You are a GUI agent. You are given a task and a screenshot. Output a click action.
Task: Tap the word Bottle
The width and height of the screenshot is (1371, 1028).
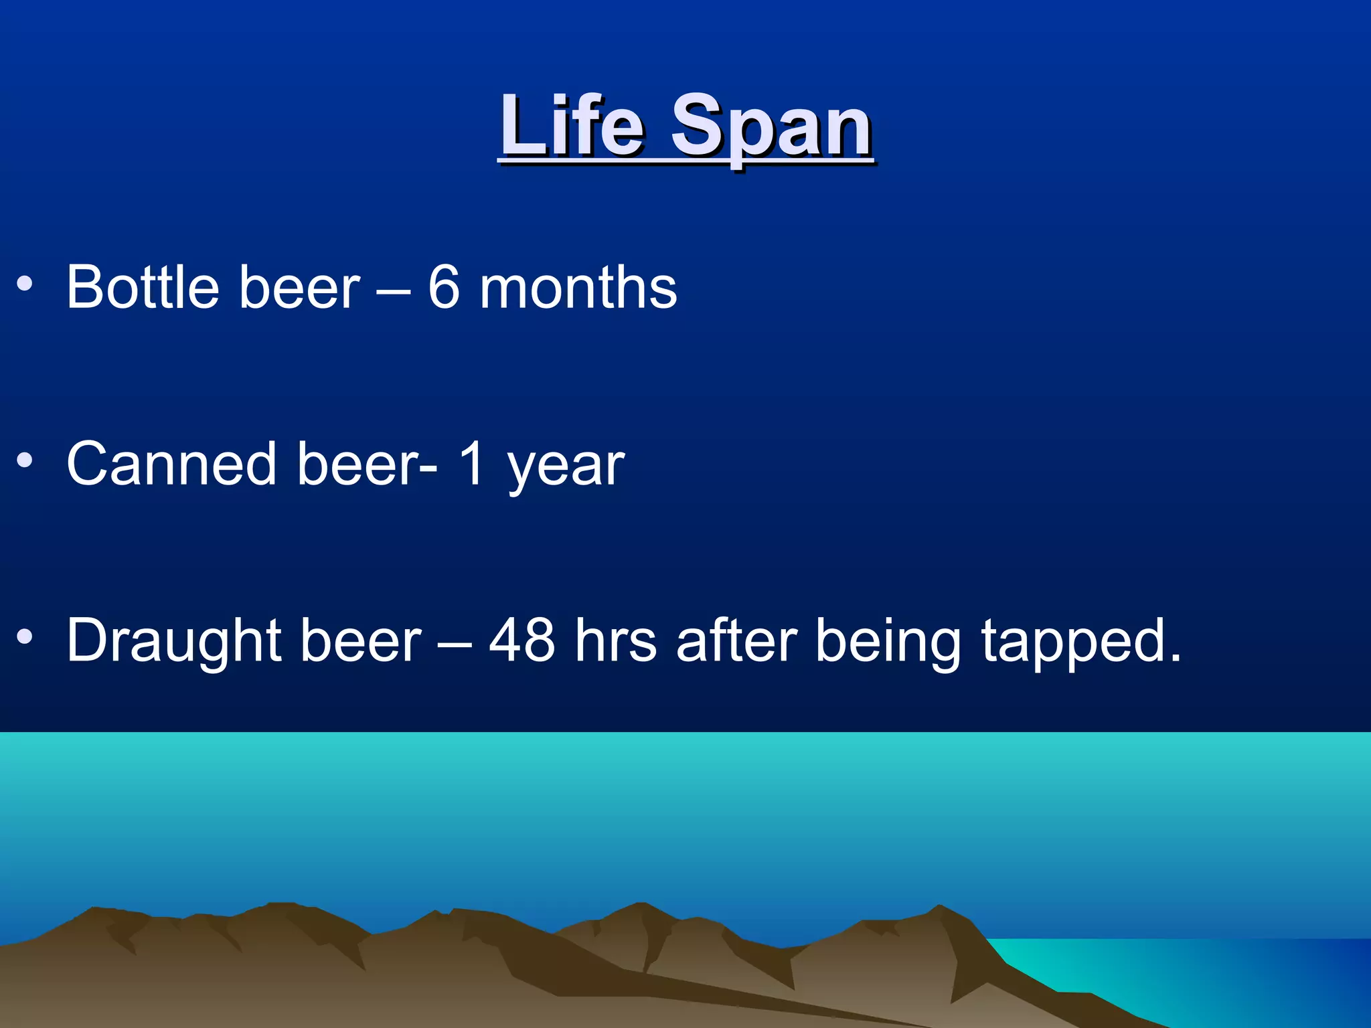point(143,287)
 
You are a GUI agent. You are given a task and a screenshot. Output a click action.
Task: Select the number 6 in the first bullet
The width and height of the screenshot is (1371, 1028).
point(444,287)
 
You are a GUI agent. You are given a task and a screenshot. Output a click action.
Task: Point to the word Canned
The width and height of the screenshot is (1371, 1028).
point(171,464)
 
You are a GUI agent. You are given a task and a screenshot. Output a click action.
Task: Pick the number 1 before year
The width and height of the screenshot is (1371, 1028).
point(472,464)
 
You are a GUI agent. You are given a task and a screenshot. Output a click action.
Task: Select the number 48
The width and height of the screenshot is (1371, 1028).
point(522,640)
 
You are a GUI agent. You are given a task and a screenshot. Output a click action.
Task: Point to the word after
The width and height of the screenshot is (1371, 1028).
point(736,640)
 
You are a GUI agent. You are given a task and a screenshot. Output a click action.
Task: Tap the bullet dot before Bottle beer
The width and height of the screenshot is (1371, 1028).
point(25,284)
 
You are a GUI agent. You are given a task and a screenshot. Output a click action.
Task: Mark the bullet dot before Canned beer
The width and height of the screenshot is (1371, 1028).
point(25,460)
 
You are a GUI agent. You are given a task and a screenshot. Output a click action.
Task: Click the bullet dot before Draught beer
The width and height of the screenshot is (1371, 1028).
point(25,637)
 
